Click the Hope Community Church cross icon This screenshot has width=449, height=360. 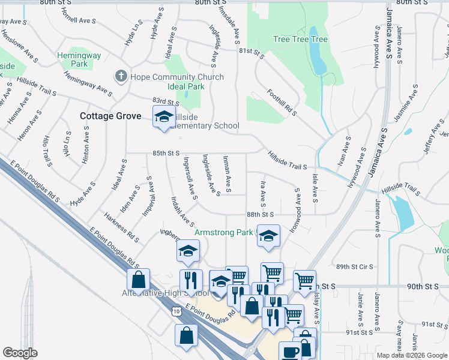click(x=121, y=76)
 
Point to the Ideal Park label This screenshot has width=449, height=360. click(x=187, y=86)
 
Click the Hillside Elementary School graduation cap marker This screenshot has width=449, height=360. click(x=163, y=118)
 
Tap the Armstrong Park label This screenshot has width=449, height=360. click(x=224, y=232)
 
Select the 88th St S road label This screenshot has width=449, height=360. click(x=260, y=214)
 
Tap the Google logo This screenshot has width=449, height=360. click(x=20, y=353)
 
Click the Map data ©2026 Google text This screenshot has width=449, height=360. click(x=411, y=355)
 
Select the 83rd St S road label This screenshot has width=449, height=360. click(x=166, y=103)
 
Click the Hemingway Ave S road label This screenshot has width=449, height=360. click(x=88, y=85)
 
